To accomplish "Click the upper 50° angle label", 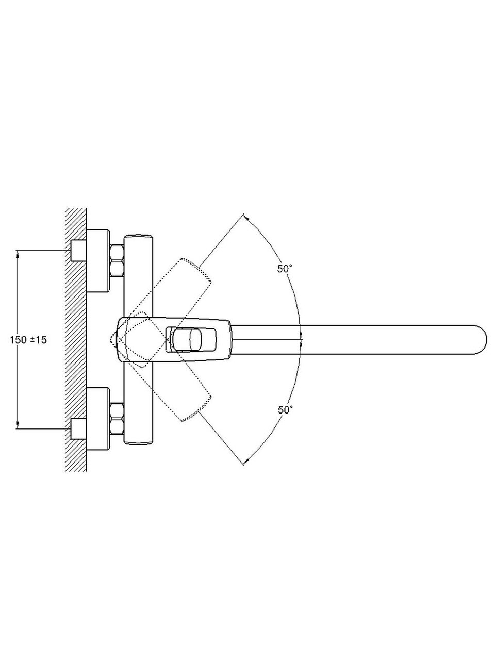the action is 285,269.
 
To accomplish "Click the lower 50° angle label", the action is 285,410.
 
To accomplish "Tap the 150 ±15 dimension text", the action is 28,340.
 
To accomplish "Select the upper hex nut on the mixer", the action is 117,260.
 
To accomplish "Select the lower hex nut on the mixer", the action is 117,419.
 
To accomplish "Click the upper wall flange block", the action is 97,261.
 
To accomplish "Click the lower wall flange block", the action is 97,419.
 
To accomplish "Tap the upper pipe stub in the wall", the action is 79,250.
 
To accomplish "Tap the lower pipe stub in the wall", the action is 79,429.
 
